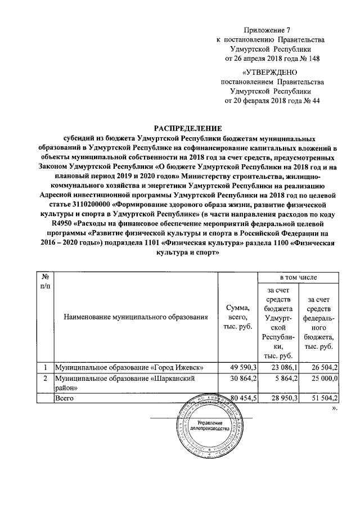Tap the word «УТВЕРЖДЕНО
pos(271,72)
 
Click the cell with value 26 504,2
pos(319,368)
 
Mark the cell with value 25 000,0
pos(319,379)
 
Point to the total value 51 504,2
pos(319,398)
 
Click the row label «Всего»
pos(64,398)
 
